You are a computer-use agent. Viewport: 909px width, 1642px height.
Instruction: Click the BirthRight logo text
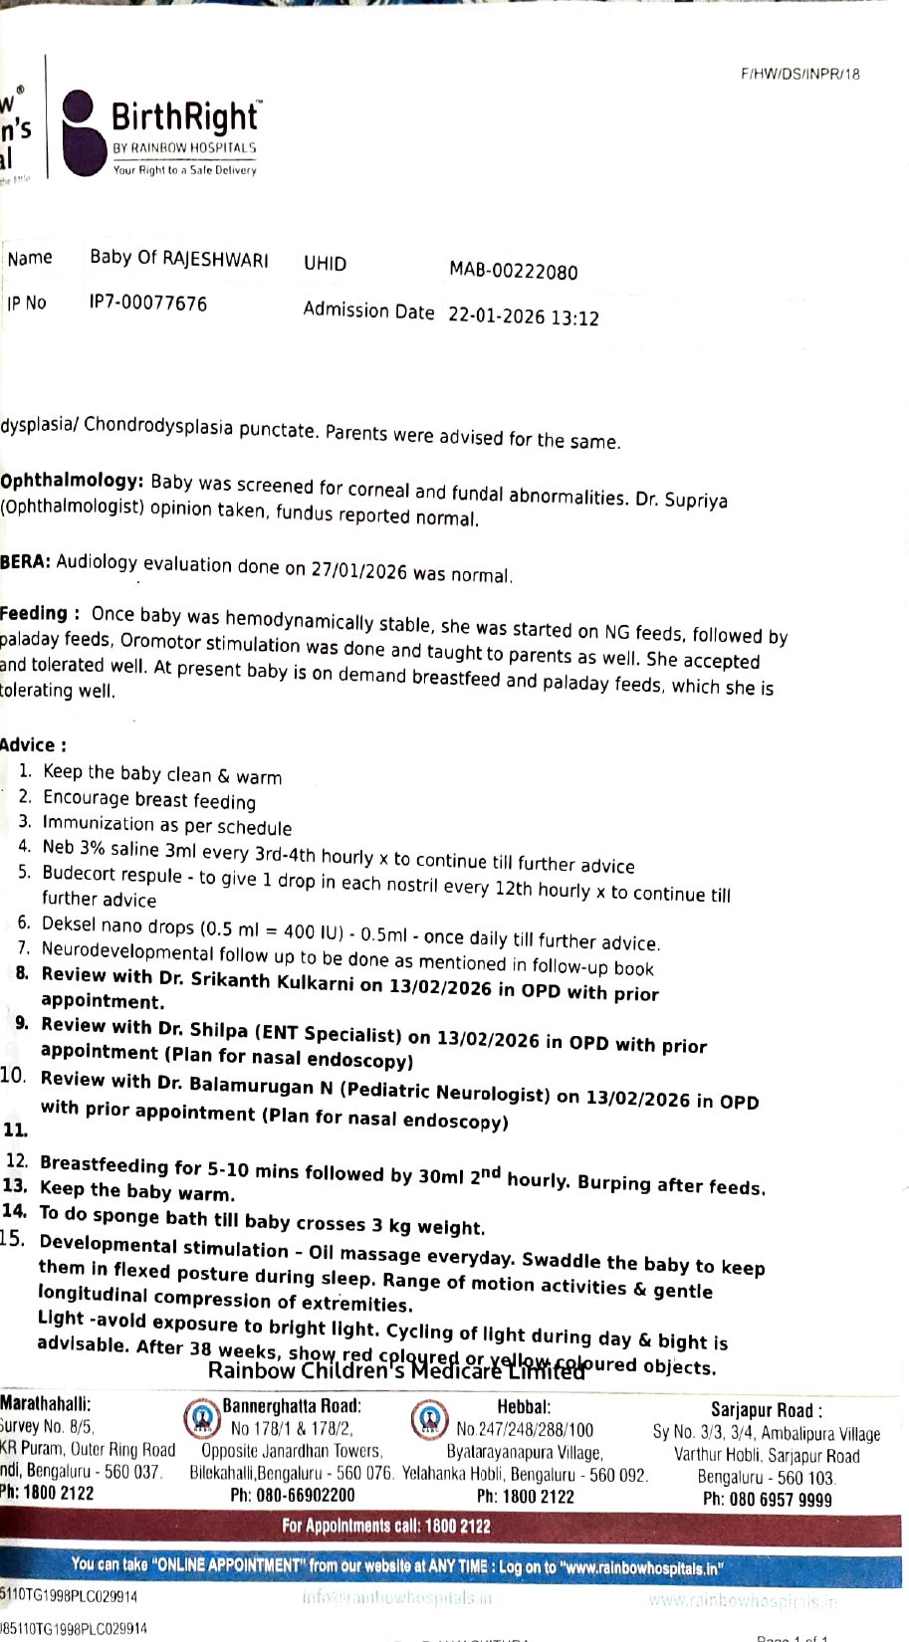pos(185,118)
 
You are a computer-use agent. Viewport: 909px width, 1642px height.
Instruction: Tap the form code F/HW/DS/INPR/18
pos(799,74)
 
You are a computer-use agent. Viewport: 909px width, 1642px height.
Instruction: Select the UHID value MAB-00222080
pos(513,271)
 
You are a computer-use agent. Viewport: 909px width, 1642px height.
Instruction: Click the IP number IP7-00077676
pos(148,303)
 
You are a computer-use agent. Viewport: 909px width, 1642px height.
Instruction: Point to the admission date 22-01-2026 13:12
pos(524,316)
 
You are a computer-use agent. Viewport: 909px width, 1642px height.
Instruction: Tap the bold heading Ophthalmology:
pos(73,481)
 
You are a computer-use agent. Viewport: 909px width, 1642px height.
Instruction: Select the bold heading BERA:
pos(25,561)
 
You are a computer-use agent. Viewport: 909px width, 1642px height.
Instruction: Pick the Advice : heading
pos(34,744)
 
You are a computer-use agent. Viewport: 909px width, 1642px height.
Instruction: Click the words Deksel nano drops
pos(118,925)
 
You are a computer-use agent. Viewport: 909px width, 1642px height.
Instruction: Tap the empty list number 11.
pos(15,1129)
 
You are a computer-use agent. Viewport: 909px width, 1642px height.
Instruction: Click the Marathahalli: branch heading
pos(46,1403)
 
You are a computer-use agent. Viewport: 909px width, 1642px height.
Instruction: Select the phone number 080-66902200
pos(292,1495)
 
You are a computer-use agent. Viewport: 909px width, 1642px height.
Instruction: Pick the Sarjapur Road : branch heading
pos(766,1409)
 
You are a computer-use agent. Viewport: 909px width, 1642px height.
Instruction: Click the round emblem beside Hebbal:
pos(429,1416)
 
